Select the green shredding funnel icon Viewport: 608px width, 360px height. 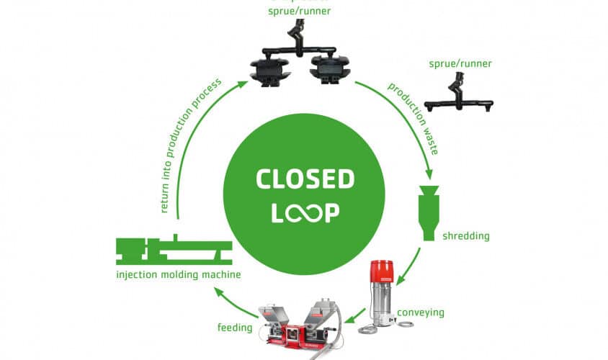429,212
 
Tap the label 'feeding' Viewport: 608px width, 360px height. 234,328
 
